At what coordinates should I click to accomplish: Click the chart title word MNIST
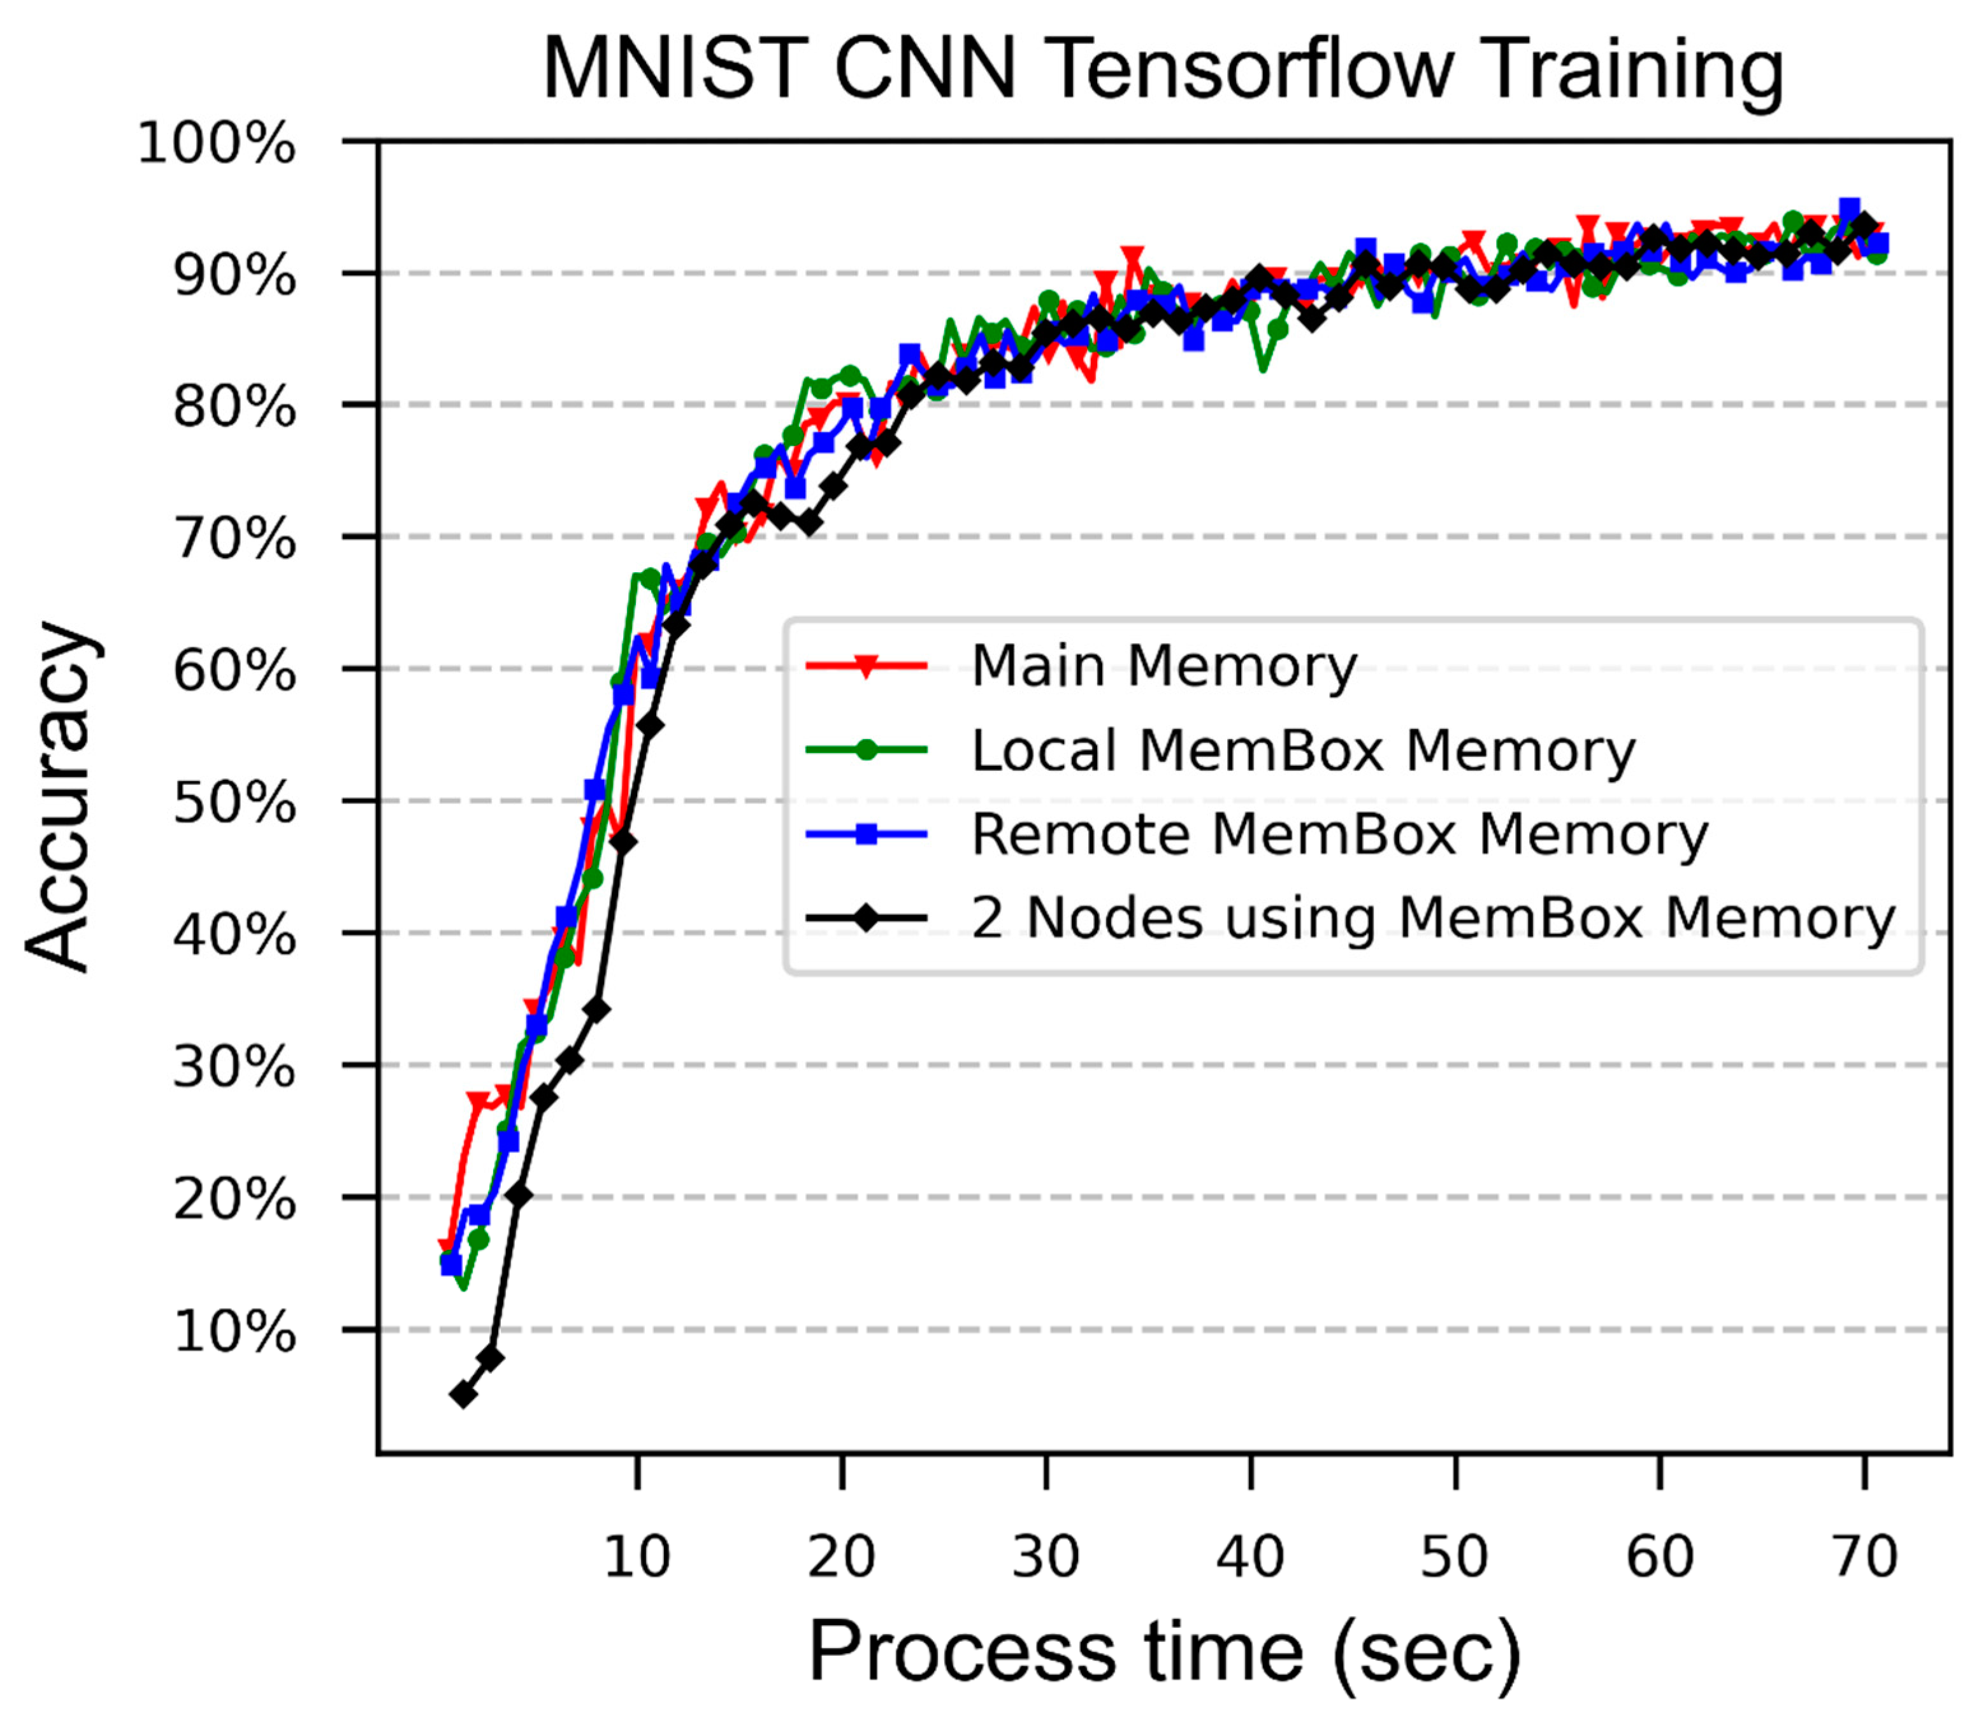click(674, 69)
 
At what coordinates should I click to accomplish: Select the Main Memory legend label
click(1163, 666)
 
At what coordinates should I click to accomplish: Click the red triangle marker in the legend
click(866, 666)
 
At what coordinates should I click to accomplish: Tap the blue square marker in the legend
click(866, 834)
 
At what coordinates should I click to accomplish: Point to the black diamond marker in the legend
click(866, 918)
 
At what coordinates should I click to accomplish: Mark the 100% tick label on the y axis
click(217, 145)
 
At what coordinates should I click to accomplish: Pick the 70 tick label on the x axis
click(1864, 1556)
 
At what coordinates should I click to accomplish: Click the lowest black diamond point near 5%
click(464, 1394)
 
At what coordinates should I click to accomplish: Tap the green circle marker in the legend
click(866, 751)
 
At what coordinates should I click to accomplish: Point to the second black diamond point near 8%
click(490, 1358)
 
